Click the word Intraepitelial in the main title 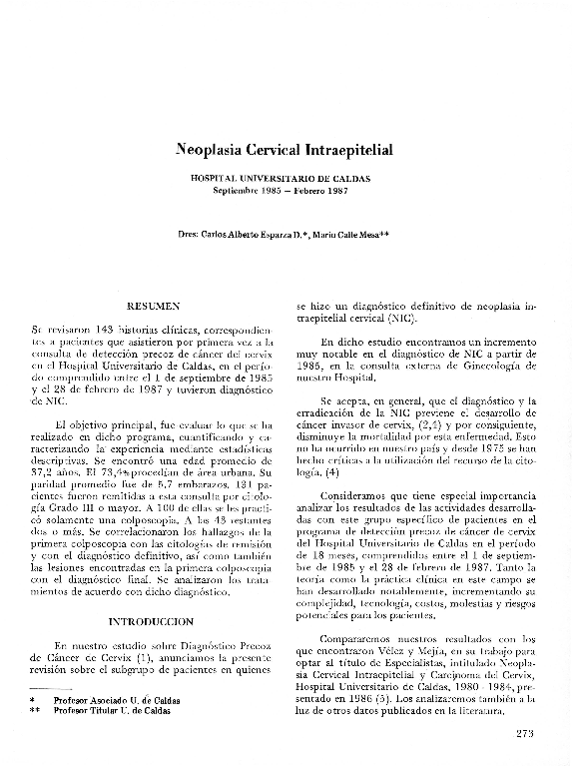click(x=343, y=150)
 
